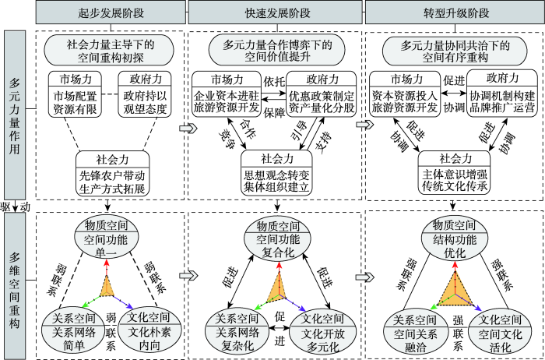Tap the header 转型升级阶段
[455, 12]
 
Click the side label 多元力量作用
[16, 118]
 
